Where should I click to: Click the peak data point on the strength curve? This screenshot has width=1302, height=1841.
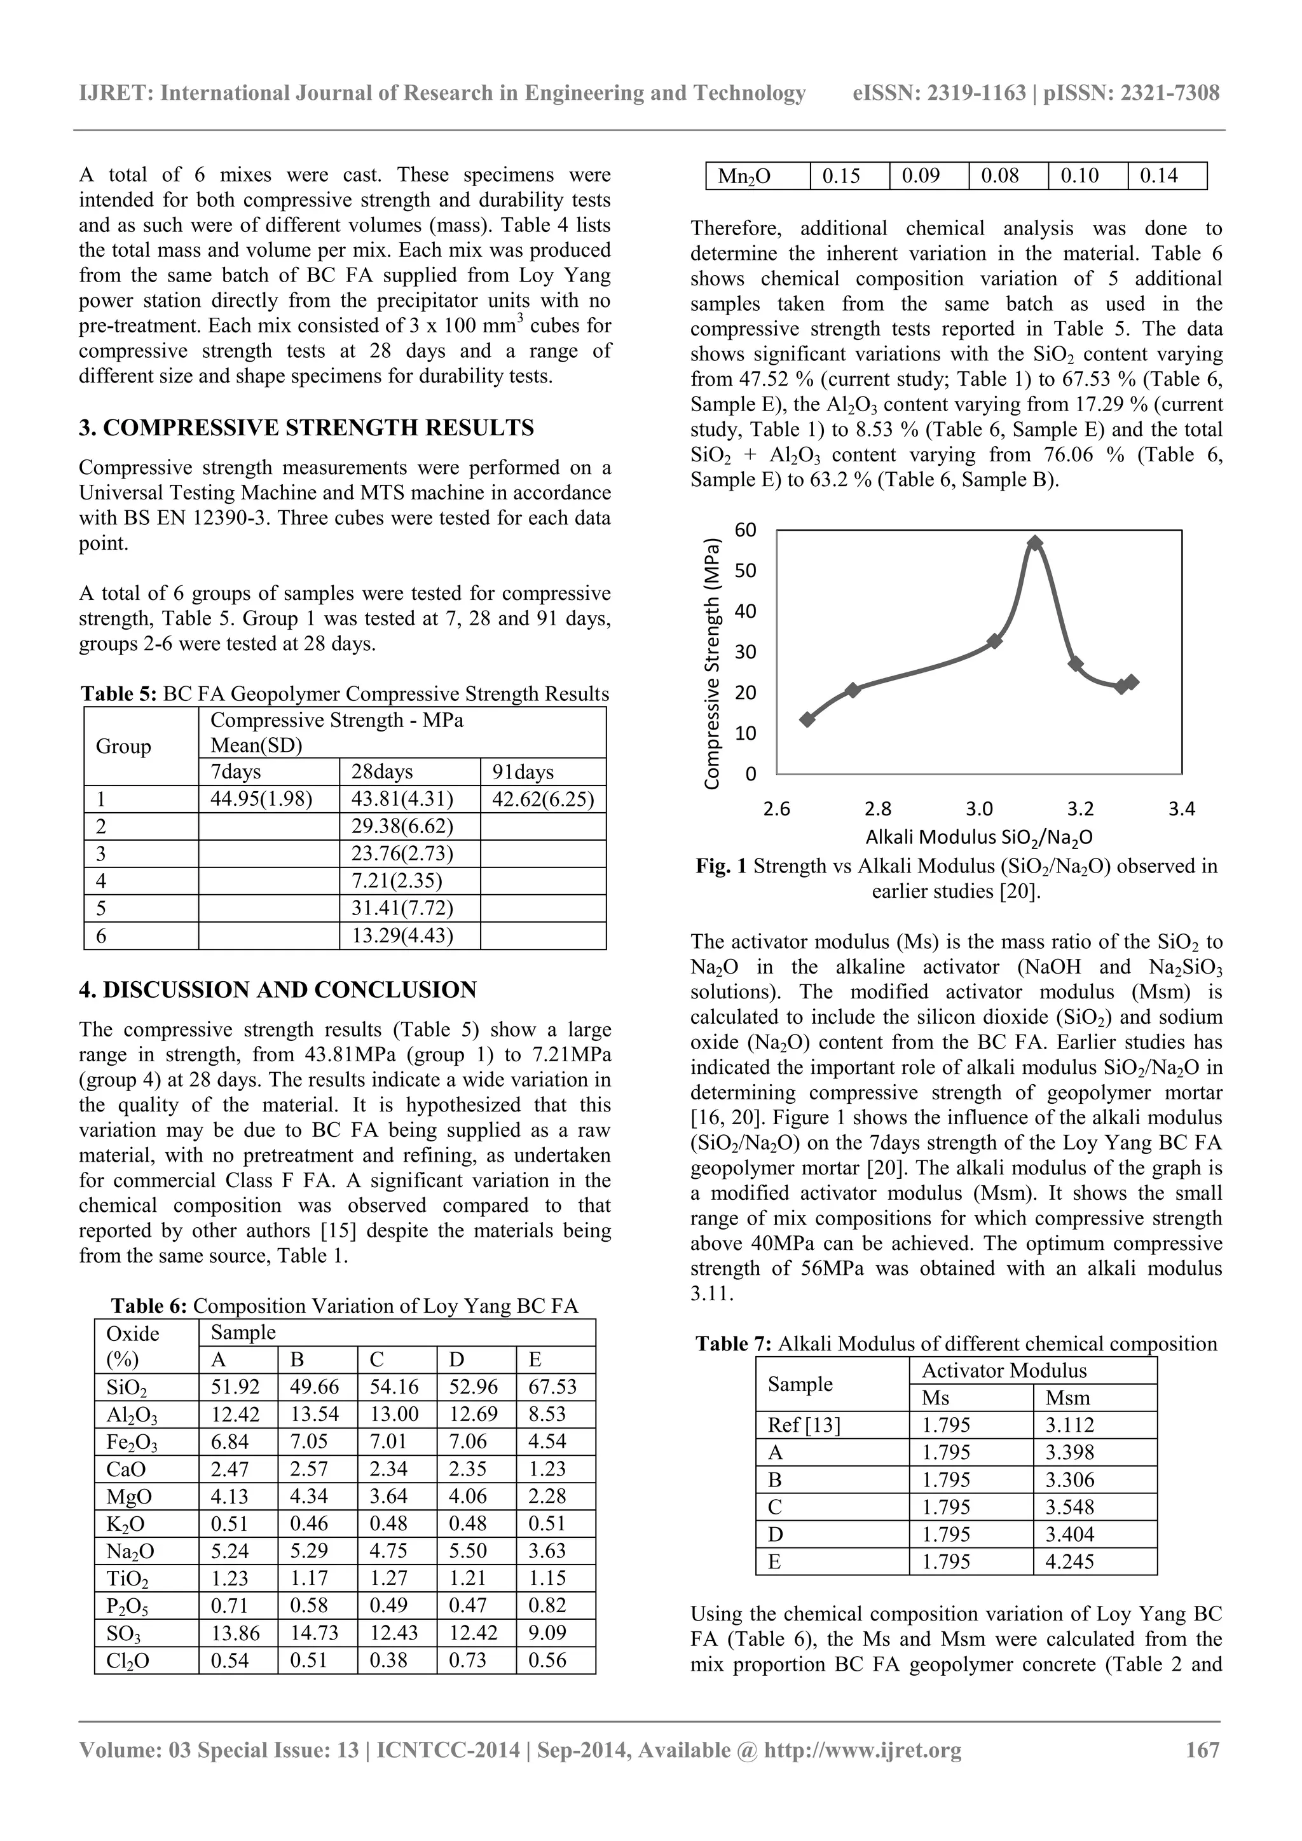1035,543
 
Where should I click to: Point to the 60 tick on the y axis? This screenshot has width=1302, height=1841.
745,530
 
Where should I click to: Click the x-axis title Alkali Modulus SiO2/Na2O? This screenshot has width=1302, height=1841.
978,838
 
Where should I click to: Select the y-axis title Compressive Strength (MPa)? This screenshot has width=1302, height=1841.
711,662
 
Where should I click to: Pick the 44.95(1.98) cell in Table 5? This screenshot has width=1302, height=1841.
261,799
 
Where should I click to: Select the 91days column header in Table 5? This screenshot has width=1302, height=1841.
523,772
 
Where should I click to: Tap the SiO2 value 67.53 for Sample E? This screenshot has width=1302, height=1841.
552,1387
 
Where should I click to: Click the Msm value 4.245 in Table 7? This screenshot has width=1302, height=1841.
1069,1561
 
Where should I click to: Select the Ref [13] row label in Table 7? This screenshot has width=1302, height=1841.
804,1425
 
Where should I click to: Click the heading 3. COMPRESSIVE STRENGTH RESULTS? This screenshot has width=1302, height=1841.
306,428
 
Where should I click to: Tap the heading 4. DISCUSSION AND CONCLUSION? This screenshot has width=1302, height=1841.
278,990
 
